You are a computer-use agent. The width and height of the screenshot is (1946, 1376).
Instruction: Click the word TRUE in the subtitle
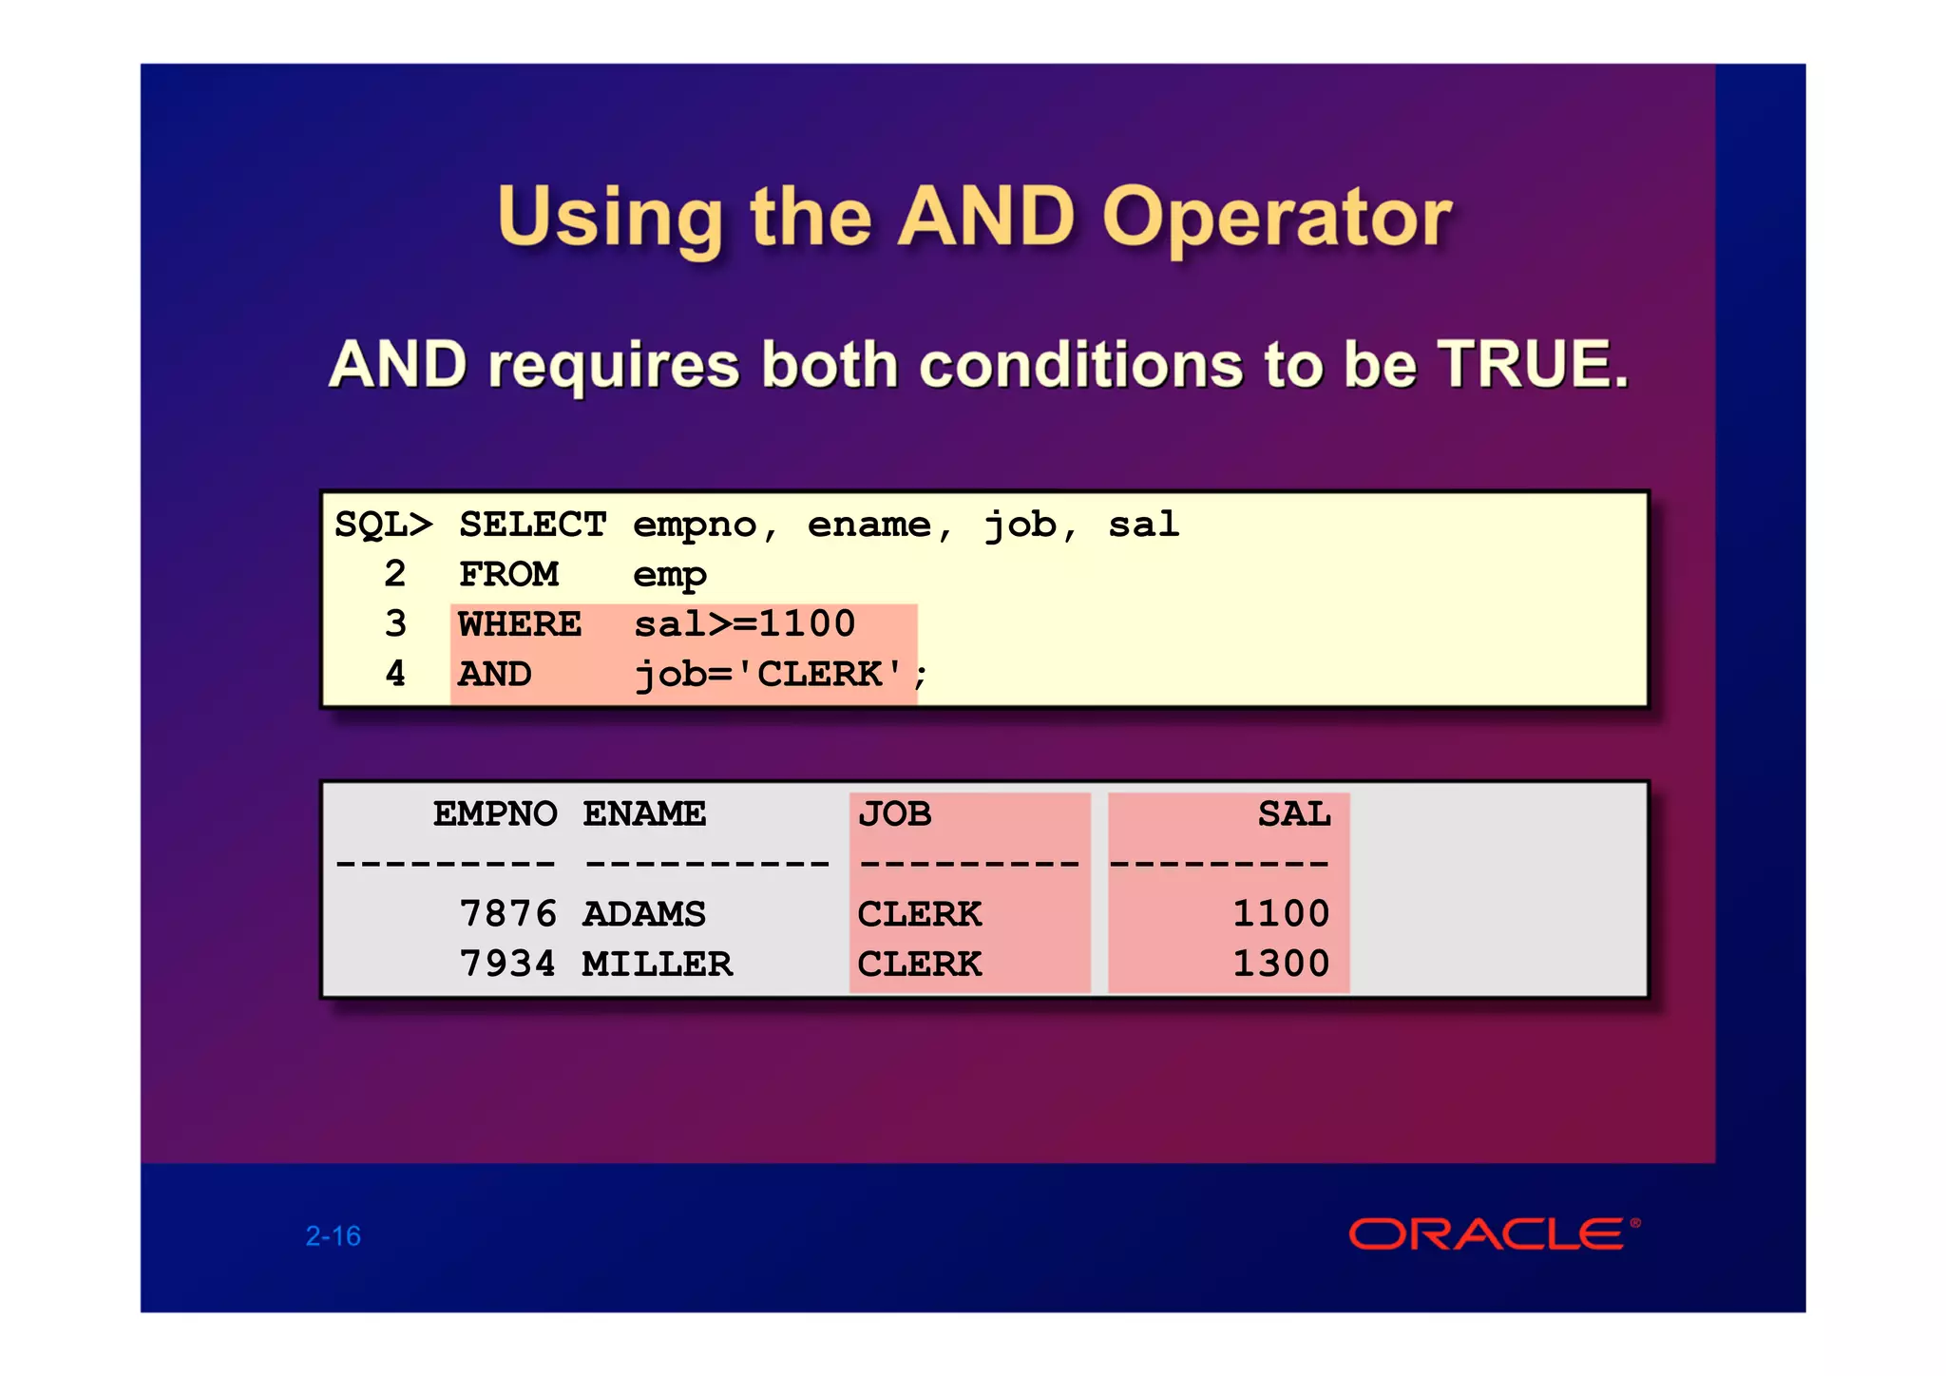click(1532, 364)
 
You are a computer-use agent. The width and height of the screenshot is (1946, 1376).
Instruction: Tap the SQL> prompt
click(383, 525)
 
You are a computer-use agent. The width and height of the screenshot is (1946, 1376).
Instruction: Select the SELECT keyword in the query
click(532, 525)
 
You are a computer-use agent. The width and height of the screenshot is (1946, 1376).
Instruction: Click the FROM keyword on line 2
click(509, 574)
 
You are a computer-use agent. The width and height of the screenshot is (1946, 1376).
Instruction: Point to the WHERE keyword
click(520, 624)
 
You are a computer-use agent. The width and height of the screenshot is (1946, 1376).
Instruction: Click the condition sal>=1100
click(745, 624)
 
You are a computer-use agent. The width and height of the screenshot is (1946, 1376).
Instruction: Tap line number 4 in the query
click(395, 674)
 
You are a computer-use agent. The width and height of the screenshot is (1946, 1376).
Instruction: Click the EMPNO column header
click(495, 814)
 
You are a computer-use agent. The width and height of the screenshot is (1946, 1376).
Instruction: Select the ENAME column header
click(644, 814)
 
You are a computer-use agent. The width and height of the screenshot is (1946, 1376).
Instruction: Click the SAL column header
click(1294, 814)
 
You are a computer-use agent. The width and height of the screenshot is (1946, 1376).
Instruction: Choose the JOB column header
click(894, 814)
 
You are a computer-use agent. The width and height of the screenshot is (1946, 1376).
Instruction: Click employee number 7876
click(507, 914)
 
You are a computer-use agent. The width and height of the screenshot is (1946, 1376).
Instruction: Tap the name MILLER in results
click(658, 965)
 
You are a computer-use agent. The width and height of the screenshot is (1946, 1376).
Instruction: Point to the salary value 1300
click(1281, 965)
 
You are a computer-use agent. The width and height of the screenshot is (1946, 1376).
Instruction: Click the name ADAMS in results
click(644, 914)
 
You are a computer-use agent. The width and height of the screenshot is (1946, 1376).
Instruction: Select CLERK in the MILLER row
click(919, 965)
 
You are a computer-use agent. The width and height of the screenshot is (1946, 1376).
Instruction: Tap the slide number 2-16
click(333, 1235)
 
